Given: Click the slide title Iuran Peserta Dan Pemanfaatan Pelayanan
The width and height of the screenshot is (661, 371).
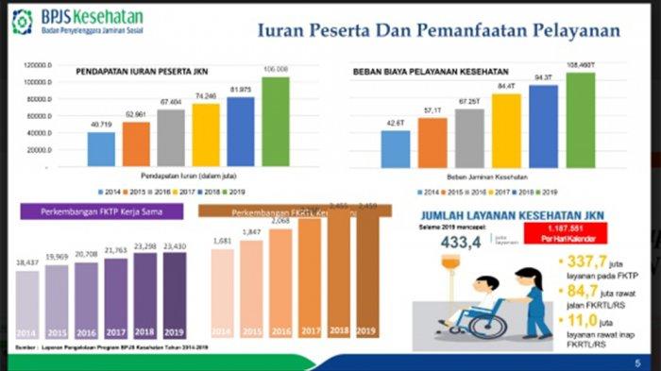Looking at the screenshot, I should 439,30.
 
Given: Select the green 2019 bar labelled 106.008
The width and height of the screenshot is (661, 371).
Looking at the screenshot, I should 276,122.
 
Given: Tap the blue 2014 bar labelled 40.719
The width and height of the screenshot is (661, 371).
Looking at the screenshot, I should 101,149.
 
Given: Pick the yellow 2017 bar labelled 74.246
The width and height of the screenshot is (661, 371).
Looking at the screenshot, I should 206,135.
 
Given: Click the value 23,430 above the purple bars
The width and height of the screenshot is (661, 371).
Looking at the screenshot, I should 175,245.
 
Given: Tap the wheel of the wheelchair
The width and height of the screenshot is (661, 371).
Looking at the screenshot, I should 489,326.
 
